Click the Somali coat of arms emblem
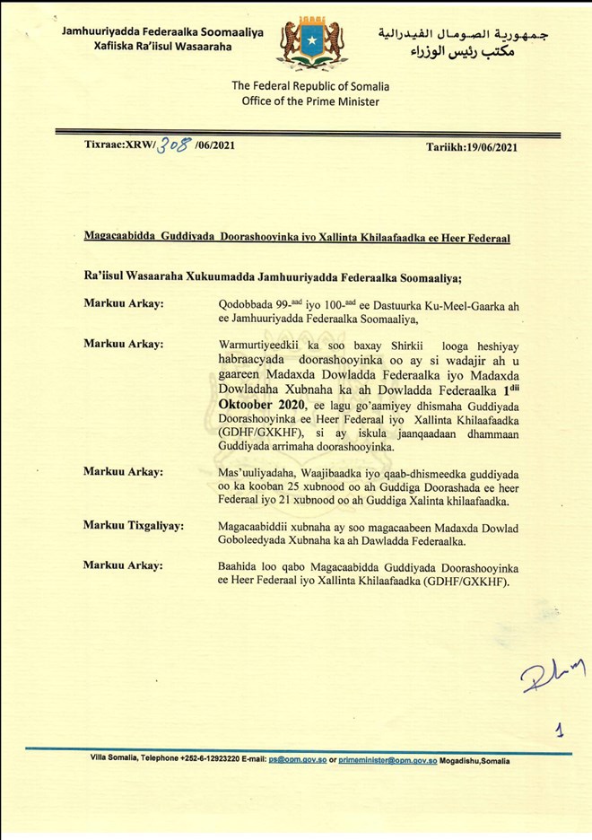point(311,42)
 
